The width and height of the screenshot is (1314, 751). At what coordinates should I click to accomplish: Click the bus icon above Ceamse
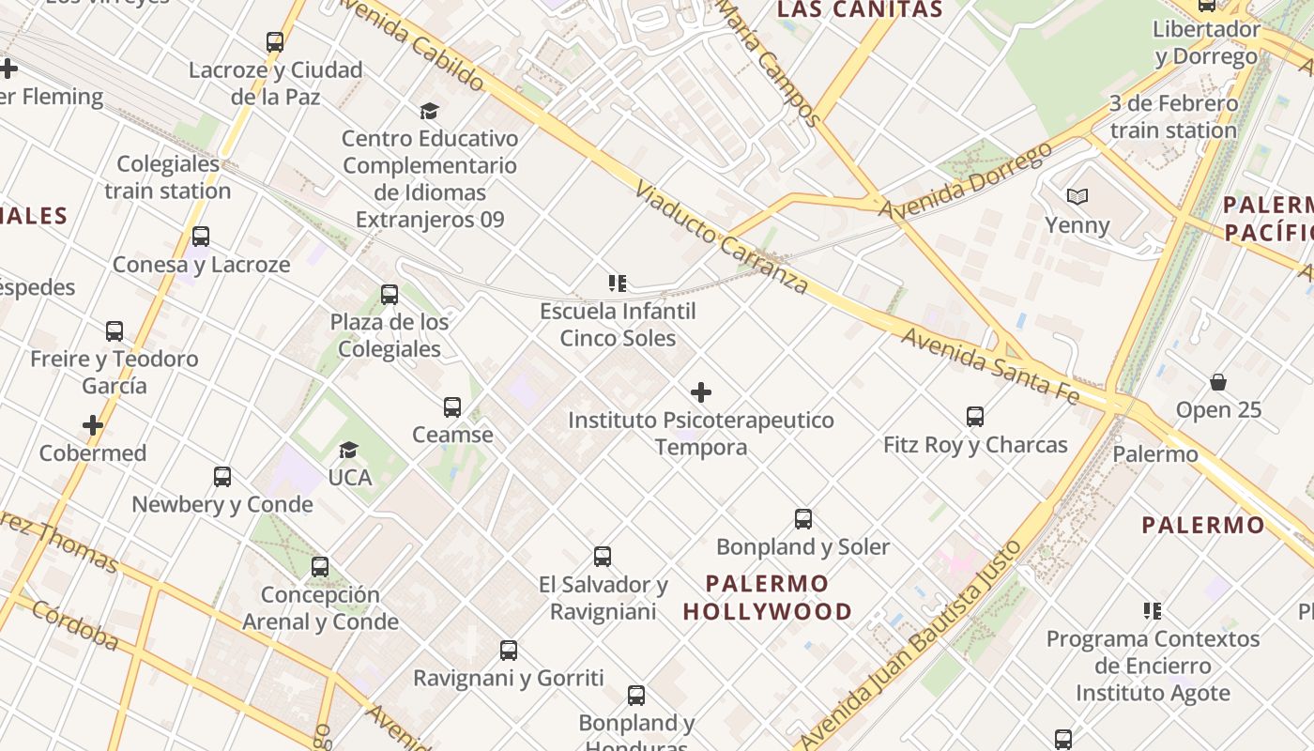click(452, 407)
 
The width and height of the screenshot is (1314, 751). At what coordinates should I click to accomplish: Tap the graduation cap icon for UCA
click(349, 451)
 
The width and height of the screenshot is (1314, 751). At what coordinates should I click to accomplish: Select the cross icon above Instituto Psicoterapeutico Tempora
click(700, 392)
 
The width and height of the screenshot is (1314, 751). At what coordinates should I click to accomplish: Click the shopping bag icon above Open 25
click(1218, 382)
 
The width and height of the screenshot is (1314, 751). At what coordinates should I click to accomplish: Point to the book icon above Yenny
click(1077, 197)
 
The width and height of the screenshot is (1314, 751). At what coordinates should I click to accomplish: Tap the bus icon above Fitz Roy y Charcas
click(975, 416)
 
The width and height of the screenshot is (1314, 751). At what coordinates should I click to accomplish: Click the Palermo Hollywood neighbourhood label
click(767, 597)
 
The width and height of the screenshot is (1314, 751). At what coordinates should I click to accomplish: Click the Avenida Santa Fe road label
click(990, 365)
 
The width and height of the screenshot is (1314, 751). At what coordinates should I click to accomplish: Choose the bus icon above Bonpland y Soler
click(803, 518)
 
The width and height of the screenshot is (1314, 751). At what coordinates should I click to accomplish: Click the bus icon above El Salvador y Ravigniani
click(603, 557)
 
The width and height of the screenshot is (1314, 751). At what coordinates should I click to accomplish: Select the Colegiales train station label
click(168, 177)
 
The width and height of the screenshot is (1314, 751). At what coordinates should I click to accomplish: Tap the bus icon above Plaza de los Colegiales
click(390, 295)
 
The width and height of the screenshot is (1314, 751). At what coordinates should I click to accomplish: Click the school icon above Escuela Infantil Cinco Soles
click(617, 283)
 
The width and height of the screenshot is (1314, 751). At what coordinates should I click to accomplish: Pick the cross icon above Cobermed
click(92, 425)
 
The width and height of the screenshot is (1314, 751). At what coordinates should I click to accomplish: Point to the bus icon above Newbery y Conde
click(222, 477)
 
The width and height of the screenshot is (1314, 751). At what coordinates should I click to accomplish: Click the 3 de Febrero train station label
click(1173, 116)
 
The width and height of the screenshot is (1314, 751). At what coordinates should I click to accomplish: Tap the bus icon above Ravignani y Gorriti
click(509, 651)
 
